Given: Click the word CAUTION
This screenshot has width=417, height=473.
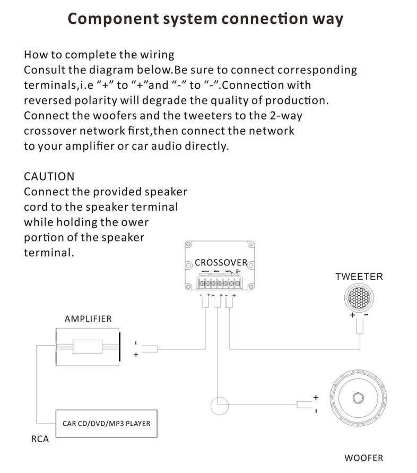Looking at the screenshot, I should tap(49, 176).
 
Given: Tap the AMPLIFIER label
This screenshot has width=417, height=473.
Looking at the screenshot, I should tap(88, 319).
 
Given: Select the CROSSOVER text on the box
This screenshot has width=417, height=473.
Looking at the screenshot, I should tap(221, 262).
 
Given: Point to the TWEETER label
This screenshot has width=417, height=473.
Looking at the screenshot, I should tap(359, 277).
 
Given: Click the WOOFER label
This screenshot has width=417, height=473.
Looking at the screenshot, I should tap(363, 458).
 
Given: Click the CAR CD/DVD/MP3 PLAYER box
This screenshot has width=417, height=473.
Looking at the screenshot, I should tap(106, 424).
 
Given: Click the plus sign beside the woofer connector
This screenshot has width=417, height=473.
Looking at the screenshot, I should tap(316, 397).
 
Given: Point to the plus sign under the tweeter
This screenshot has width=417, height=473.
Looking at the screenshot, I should tap(352, 315).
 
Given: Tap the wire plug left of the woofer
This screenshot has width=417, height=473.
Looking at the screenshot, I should tap(305, 405).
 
